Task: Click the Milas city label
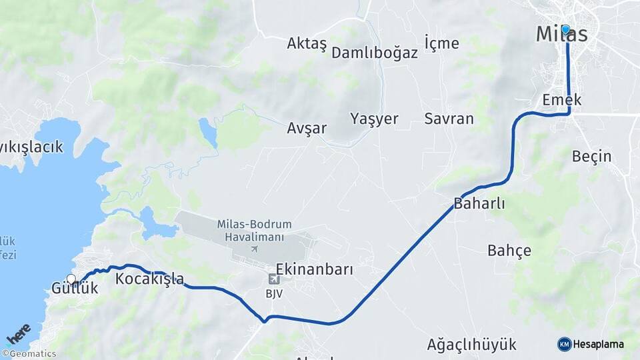click(x=562, y=35)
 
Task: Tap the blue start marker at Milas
click(x=566, y=29)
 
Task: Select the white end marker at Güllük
click(x=71, y=279)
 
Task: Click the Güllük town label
click(x=75, y=289)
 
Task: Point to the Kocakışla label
click(x=149, y=279)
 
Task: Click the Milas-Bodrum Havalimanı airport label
click(x=255, y=231)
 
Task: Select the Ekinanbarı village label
click(x=314, y=269)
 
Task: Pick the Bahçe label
click(x=509, y=251)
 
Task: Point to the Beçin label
click(x=592, y=156)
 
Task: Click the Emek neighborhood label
click(x=562, y=100)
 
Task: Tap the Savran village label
click(x=449, y=119)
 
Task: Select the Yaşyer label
click(x=374, y=119)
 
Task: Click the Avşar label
click(x=307, y=128)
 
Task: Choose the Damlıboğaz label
click(x=374, y=53)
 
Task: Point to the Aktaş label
click(x=307, y=44)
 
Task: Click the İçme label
click(x=442, y=43)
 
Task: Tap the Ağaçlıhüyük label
click(x=472, y=345)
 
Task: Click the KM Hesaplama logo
click(x=591, y=344)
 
